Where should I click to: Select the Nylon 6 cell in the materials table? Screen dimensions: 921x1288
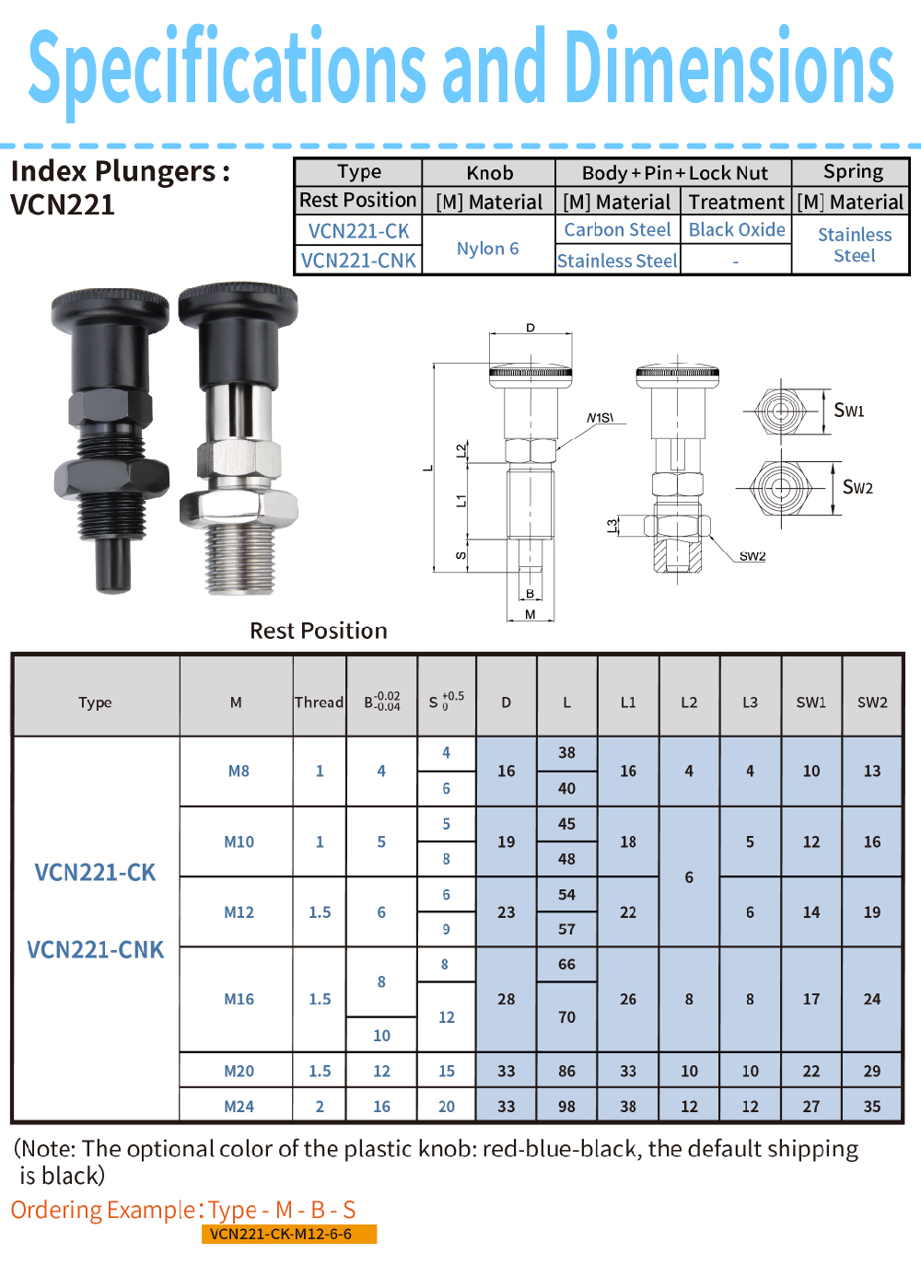coord(488,249)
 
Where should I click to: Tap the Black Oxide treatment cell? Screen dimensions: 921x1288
coord(737,229)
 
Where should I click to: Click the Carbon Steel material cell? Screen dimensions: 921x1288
coord(617,229)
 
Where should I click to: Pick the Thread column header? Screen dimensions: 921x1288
coord(320,702)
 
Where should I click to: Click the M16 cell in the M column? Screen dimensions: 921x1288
coord(239,999)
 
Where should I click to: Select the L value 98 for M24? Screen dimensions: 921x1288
coord(566,1106)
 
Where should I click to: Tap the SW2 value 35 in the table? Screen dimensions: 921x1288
coord(872,1106)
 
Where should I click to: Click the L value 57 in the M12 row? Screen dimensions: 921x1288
coord(566,929)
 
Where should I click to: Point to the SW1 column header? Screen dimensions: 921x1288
coord(811,702)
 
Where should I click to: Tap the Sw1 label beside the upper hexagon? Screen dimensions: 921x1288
coord(849,410)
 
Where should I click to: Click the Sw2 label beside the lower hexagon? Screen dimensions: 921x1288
coord(857,487)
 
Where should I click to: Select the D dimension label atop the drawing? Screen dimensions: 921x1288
coord(530,328)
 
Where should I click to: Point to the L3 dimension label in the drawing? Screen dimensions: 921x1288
coord(612,526)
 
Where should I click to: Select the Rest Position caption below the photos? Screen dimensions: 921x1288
coord(319,631)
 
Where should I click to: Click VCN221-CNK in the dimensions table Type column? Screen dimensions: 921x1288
coord(96,949)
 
